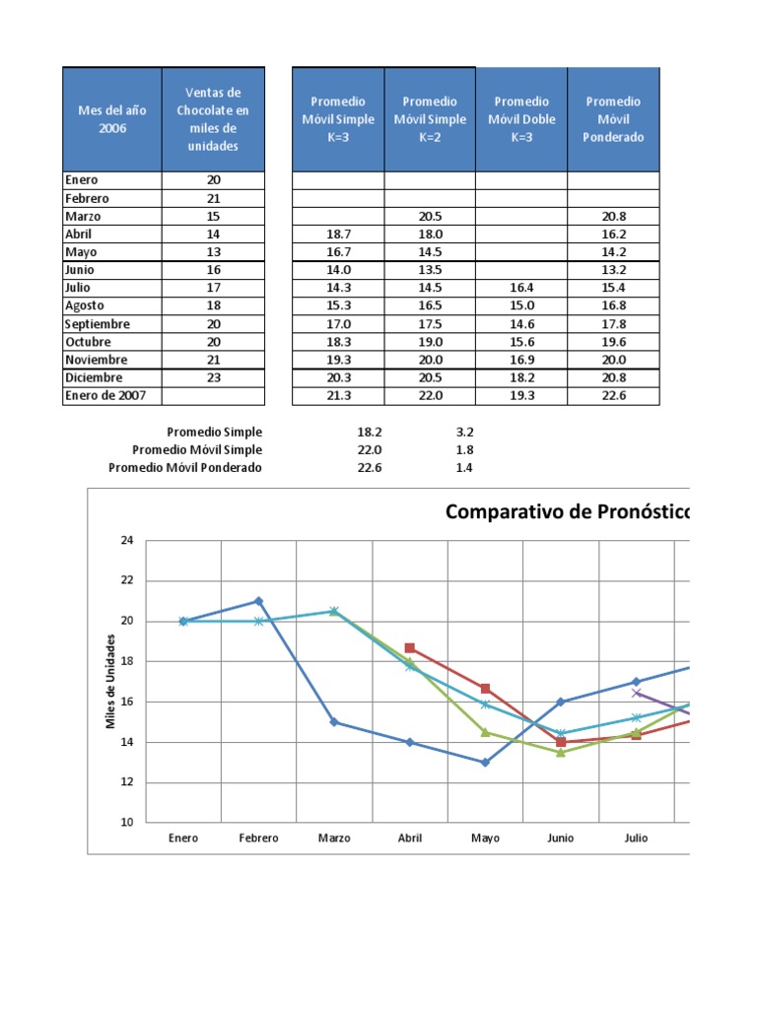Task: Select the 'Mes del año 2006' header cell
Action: click(112, 119)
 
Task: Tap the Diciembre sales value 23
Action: click(214, 377)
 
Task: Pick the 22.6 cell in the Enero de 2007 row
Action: click(613, 395)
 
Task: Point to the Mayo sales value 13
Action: click(214, 251)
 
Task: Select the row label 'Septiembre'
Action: click(98, 324)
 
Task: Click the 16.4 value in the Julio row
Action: click(522, 288)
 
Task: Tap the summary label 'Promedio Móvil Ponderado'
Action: click(185, 468)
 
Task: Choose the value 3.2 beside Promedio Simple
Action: click(464, 433)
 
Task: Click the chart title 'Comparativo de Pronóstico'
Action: click(567, 512)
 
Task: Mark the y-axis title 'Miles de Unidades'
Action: click(111, 681)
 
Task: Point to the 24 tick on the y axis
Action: click(126, 541)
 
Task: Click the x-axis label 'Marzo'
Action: click(334, 839)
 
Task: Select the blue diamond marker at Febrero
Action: click(258, 601)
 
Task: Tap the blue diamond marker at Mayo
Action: click(485, 762)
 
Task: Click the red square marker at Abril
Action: click(410, 647)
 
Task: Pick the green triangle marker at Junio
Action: click(561, 752)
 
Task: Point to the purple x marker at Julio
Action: click(637, 693)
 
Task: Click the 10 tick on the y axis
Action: click(126, 822)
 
